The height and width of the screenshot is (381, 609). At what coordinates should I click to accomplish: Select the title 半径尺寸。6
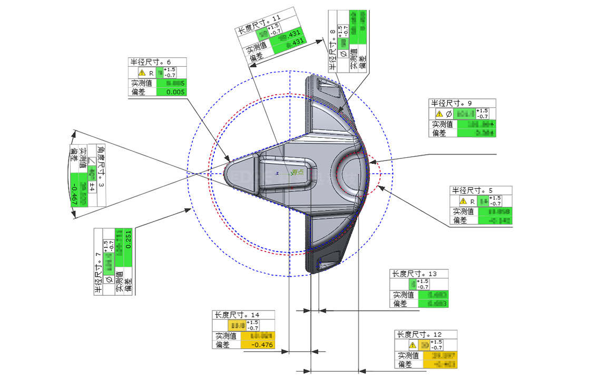point(150,62)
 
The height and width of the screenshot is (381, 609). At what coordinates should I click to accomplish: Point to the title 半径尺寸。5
point(471,190)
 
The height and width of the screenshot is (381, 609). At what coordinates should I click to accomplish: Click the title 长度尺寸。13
point(414,274)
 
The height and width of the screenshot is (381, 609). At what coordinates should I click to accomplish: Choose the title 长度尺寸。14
point(237,315)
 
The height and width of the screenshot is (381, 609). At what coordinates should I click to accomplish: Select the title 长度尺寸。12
point(419,335)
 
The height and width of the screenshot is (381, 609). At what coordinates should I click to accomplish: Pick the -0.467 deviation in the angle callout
point(74,194)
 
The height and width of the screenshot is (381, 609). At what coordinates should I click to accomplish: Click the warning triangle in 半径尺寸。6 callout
point(141,73)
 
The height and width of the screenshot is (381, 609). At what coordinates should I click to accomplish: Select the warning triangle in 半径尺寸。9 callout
point(439,113)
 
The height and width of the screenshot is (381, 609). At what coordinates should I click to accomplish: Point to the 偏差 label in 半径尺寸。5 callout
point(464,220)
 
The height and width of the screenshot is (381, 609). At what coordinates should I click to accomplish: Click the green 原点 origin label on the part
point(298,173)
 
